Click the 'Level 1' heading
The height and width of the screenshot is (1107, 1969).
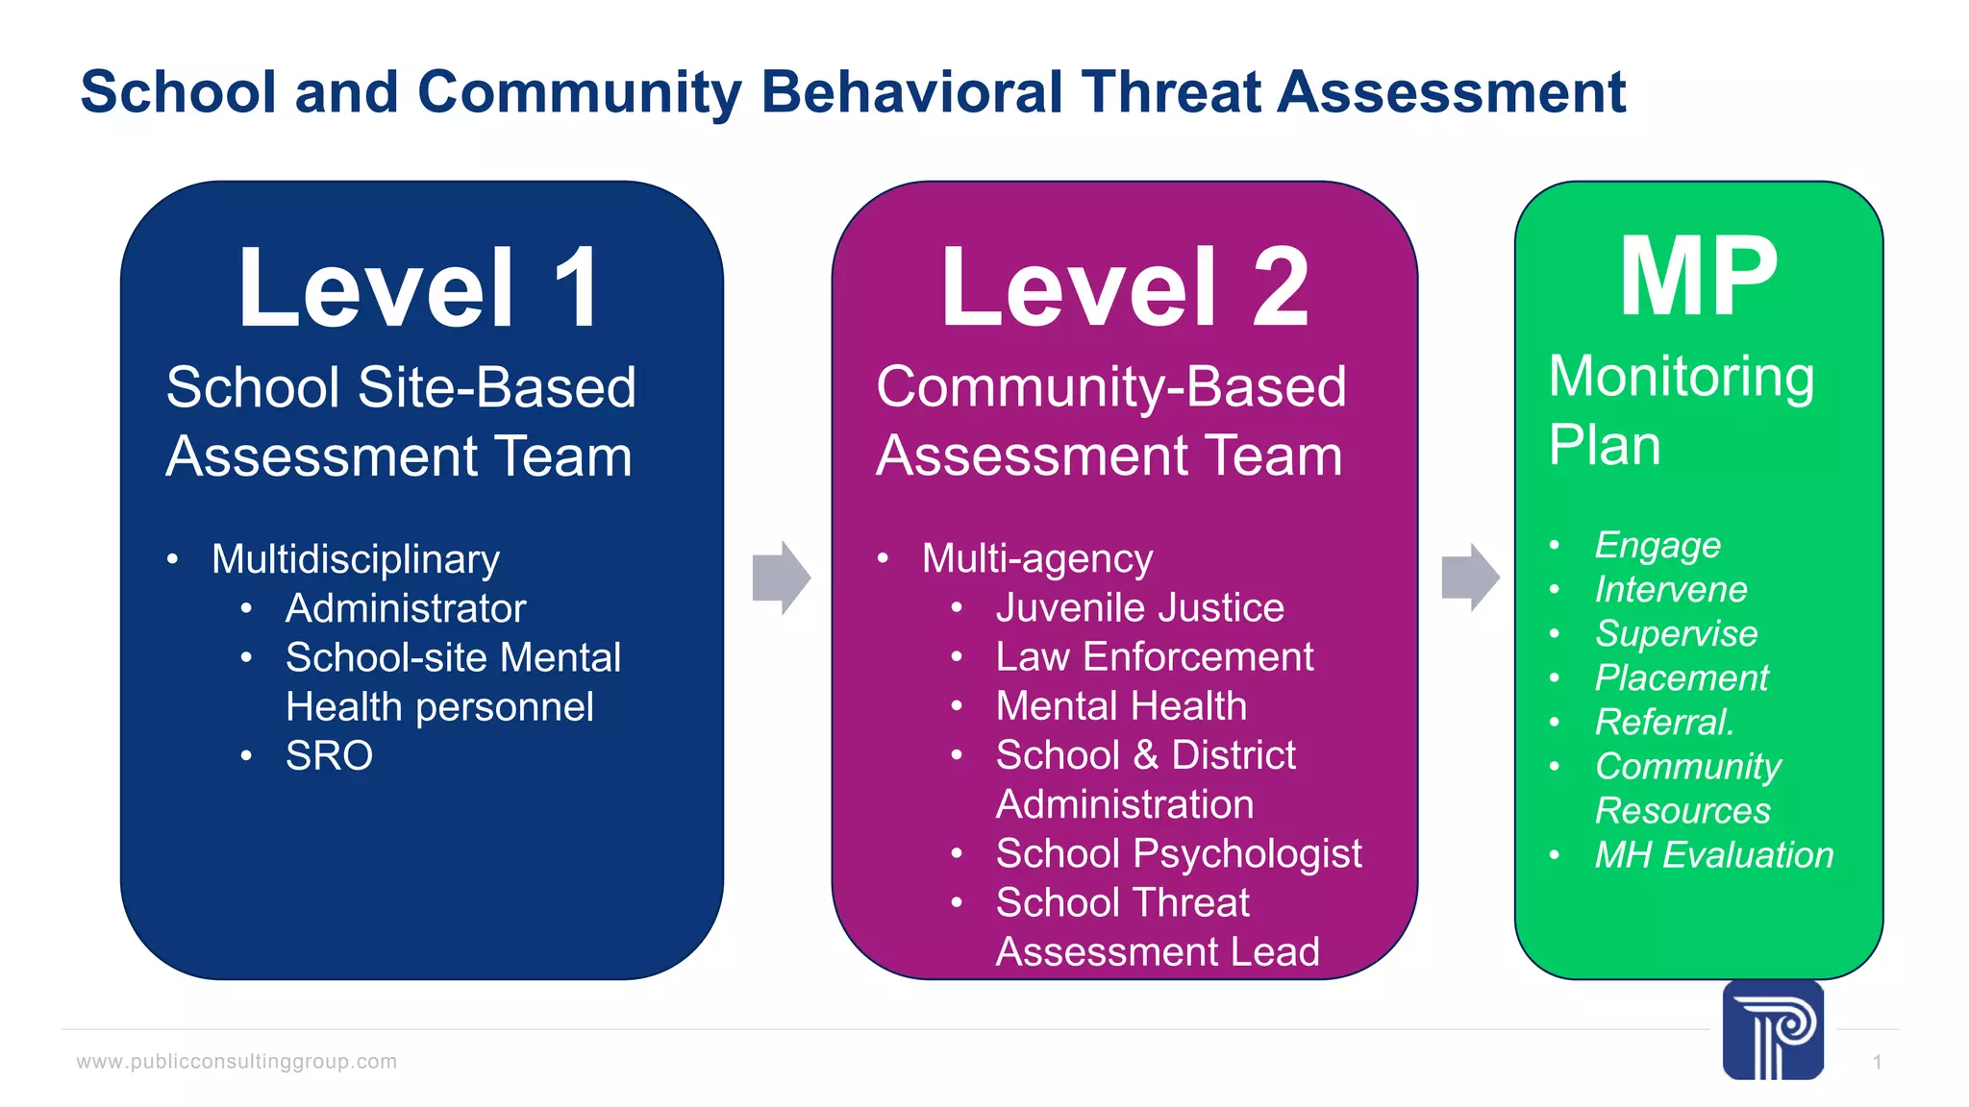[x=420, y=288]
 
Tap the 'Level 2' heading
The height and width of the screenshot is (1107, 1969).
[x=1124, y=288]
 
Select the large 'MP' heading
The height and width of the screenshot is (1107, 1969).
[x=1698, y=278]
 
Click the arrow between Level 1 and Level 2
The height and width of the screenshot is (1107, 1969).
[x=782, y=578]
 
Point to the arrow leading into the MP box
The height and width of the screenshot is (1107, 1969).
[x=1470, y=578]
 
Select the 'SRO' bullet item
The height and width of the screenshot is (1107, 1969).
[x=329, y=756]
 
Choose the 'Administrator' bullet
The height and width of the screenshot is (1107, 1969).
[x=406, y=608]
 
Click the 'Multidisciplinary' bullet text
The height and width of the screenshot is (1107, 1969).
[x=356, y=559]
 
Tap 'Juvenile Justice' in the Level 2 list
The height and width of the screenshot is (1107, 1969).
[x=1139, y=607]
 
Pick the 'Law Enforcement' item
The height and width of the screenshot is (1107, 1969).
[x=1154, y=657]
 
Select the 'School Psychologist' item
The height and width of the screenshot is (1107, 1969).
[x=1179, y=853]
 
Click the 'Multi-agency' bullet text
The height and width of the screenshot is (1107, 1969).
[x=1036, y=558]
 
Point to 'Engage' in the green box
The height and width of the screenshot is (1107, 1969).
[x=1657, y=545]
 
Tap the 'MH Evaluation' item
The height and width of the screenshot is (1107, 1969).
[x=1713, y=854]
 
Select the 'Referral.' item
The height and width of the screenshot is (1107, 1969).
[x=1664, y=722]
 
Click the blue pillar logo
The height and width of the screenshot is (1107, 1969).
[x=1773, y=1030]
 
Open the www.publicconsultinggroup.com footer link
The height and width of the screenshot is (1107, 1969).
[x=237, y=1062]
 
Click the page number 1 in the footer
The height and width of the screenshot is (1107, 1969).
[x=1877, y=1063]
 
